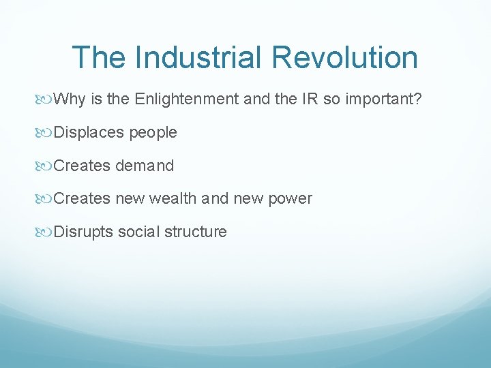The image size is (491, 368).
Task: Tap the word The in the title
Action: (x=100, y=57)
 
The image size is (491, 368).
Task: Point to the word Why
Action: (x=68, y=99)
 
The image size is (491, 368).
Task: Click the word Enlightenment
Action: (x=187, y=99)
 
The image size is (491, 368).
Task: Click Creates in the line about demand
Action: (x=82, y=166)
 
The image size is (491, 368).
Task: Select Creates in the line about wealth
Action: (x=82, y=198)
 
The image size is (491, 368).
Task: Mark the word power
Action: (x=291, y=198)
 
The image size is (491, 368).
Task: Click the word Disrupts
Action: (x=83, y=232)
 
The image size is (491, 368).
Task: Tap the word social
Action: (x=136, y=232)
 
